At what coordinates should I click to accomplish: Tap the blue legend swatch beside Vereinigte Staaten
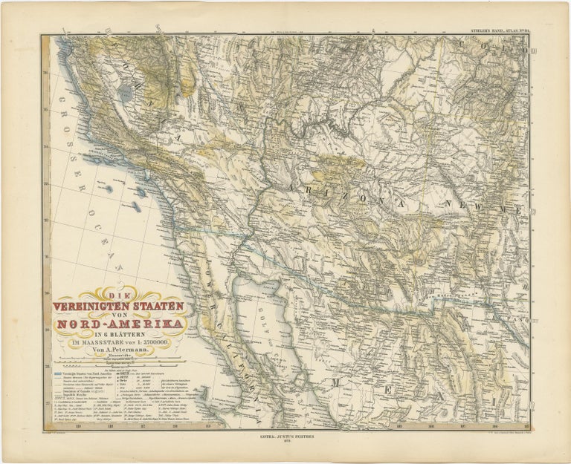56,370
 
